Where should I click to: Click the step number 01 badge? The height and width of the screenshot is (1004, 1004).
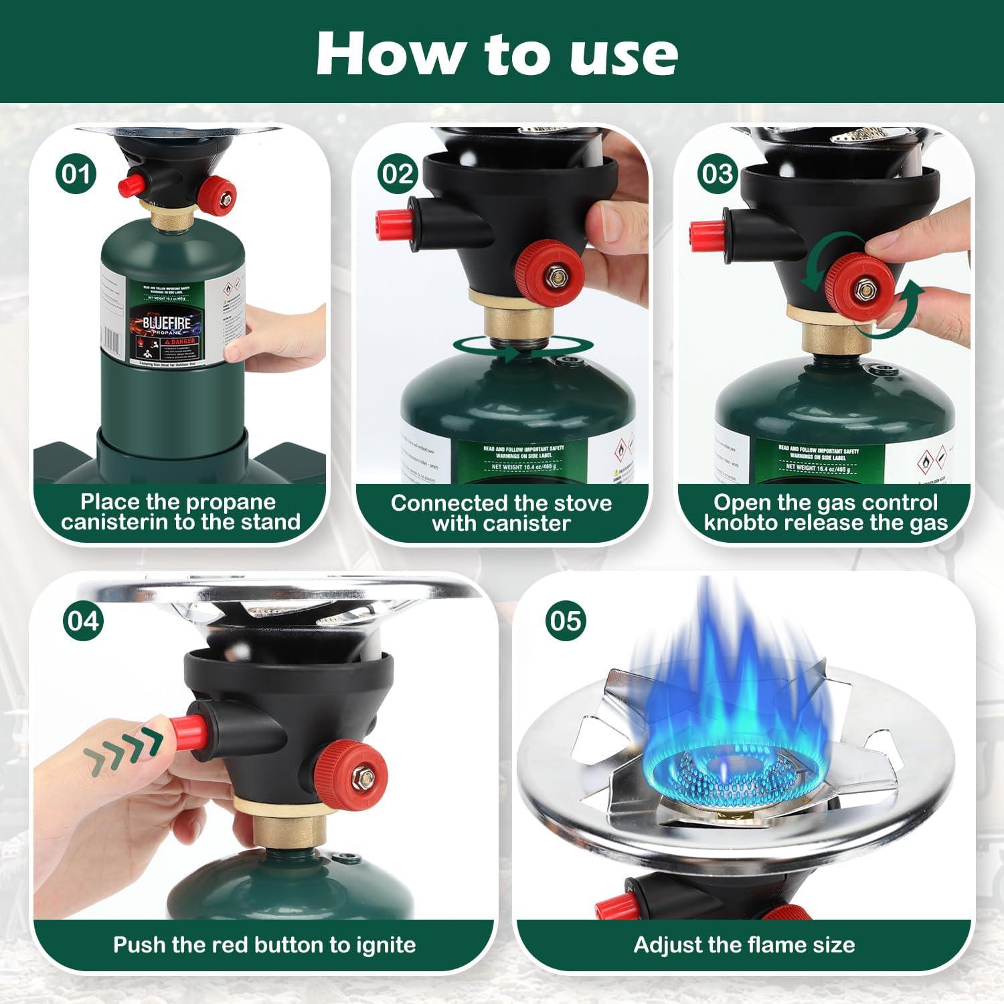click(x=75, y=174)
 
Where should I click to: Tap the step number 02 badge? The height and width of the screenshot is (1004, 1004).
click(x=398, y=174)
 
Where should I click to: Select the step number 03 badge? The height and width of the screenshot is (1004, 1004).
click(x=718, y=174)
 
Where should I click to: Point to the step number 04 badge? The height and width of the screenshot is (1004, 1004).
click(x=84, y=620)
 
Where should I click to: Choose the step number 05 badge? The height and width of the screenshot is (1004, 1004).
click(x=566, y=620)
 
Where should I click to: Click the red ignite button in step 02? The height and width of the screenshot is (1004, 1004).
click(x=390, y=224)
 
